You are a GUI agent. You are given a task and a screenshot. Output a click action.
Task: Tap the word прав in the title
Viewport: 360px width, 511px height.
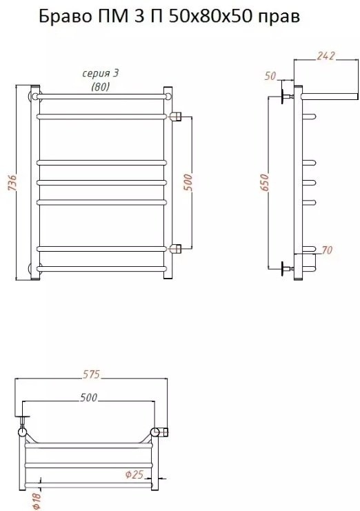(279, 18)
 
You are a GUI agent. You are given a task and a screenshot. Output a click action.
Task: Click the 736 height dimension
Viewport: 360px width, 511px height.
(12, 183)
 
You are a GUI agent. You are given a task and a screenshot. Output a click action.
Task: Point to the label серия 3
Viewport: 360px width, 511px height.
(101, 74)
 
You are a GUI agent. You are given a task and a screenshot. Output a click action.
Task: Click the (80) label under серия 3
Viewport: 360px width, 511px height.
(101, 87)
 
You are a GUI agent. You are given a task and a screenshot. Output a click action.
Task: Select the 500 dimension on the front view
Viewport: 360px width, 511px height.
(188, 183)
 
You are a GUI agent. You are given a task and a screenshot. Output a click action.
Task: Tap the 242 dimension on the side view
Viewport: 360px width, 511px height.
(325, 56)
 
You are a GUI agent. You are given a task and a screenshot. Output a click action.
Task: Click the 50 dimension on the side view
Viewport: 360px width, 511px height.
(270, 76)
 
